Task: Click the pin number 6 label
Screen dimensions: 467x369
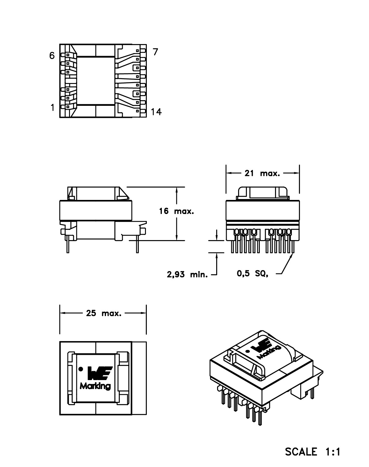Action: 52,56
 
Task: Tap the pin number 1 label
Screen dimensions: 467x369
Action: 53,108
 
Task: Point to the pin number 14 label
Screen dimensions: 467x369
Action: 156,112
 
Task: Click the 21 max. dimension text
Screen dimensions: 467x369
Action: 262,173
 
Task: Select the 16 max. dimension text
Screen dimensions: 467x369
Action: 177,211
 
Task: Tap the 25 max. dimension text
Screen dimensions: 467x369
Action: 104,314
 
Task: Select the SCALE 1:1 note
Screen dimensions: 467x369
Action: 313,451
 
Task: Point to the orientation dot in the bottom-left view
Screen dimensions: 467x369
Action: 80,369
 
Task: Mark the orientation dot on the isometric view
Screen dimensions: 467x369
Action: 247,351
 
